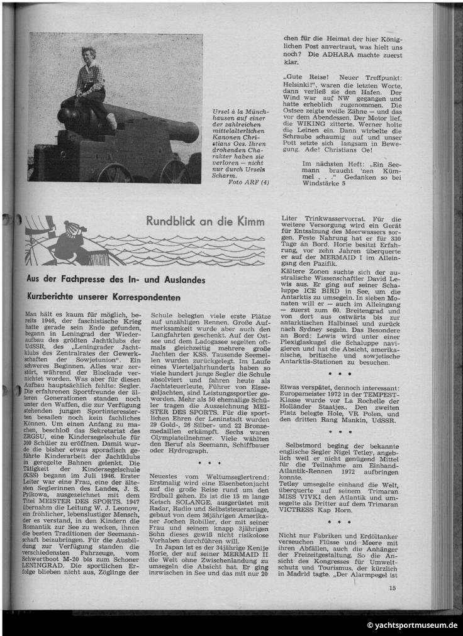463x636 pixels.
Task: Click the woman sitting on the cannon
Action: tap(91, 80)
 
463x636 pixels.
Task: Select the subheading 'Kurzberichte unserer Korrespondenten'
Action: tap(103, 296)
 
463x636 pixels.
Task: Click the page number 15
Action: tap(392, 588)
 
